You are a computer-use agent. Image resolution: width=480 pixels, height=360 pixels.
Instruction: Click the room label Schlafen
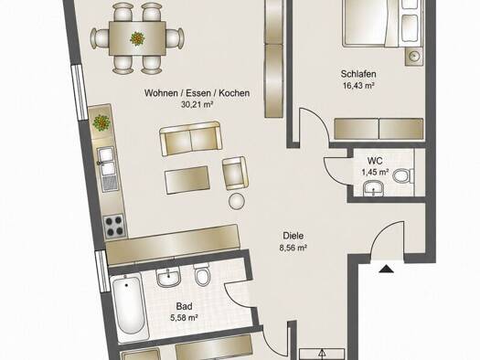pyautogui.click(x=358, y=74)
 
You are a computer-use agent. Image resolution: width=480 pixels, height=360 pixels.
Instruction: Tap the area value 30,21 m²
pyautogui.click(x=197, y=104)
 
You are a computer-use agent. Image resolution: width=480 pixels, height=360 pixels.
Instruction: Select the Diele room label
pyautogui.click(x=293, y=236)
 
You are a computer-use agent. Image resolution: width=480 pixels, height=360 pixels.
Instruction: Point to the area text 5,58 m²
pyautogui.click(x=184, y=318)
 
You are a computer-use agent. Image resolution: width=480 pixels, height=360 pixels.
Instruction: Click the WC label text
pyautogui.click(x=375, y=160)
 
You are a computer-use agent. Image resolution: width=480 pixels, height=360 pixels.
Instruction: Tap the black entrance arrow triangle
pyautogui.click(x=387, y=269)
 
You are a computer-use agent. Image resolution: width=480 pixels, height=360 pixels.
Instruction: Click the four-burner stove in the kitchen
pyautogui.click(x=115, y=226)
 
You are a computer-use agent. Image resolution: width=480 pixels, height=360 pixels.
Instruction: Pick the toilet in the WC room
pyautogui.click(x=402, y=176)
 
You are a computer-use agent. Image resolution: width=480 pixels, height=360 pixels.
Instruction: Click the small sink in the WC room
pyautogui.click(x=373, y=187)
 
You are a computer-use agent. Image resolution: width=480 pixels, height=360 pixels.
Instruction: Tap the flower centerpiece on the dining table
pyautogui.click(x=137, y=38)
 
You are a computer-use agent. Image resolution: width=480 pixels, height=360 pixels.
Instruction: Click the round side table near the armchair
pyautogui.click(x=237, y=201)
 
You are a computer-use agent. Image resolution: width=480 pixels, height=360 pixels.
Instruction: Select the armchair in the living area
pyautogui.click(x=235, y=173)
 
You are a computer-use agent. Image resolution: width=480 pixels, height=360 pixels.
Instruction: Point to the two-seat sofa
pyautogui.click(x=191, y=139)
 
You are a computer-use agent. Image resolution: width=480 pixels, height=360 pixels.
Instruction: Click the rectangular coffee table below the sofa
pyautogui.click(x=187, y=181)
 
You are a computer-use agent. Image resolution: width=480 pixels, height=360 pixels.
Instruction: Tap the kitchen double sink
pyautogui.click(x=106, y=162)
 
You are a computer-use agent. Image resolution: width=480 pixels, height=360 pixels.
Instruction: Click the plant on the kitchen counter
pyautogui.click(x=101, y=123)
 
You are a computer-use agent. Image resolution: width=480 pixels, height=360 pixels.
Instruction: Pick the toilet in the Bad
pyautogui.click(x=202, y=274)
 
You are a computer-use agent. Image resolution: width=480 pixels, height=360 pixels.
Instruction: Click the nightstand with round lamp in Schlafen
pyautogui.click(x=413, y=57)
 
